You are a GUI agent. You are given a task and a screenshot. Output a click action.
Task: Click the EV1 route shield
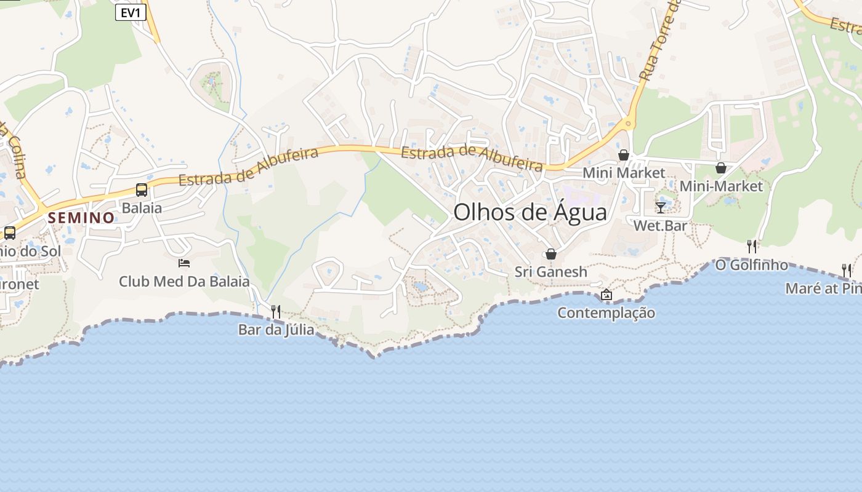(131, 12)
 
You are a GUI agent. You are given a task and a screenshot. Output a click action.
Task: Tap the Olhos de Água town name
(530, 212)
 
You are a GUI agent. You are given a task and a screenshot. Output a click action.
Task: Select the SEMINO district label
(81, 218)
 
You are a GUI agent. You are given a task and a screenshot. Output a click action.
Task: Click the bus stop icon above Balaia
(141, 189)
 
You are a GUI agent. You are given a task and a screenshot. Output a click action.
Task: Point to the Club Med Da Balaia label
(184, 282)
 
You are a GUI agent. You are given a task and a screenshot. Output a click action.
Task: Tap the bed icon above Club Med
(183, 263)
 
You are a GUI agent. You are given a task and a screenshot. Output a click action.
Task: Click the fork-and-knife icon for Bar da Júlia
(276, 312)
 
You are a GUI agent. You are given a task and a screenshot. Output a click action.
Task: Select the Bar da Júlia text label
(276, 330)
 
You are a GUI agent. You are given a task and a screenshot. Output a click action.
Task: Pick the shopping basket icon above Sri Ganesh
(551, 254)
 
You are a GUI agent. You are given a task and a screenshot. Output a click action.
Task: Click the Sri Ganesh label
(551, 272)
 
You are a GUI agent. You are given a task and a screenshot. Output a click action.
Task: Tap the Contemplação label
(606, 313)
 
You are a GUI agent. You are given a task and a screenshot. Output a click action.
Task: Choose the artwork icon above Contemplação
(606, 295)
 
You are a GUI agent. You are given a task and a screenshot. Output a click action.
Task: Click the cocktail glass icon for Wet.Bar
(661, 207)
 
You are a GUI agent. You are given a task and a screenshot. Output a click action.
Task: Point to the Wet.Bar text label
(661, 226)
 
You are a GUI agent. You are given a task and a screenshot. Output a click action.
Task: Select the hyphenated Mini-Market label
(721, 186)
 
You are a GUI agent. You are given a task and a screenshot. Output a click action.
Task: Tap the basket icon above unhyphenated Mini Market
(624, 155)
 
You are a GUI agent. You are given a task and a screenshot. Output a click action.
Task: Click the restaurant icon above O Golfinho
(751, 247)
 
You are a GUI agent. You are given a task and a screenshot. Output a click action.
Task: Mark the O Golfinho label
(751, 265)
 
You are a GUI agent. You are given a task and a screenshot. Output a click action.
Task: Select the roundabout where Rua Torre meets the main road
(627, 124)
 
